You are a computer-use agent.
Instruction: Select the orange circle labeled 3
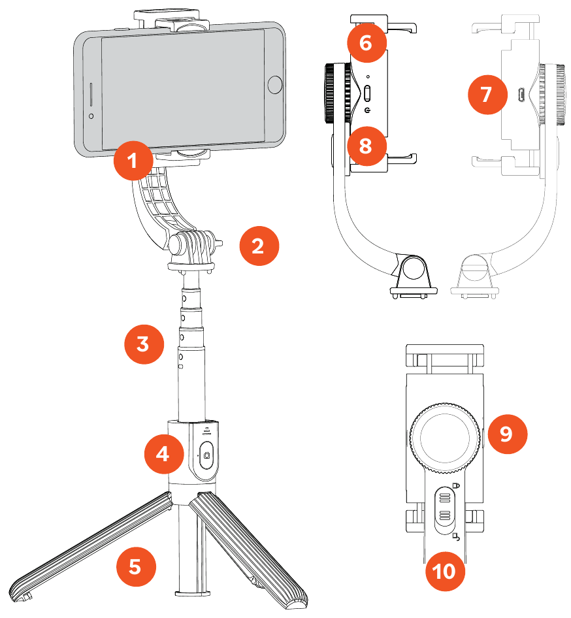144,344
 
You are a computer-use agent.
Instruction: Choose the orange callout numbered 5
135,566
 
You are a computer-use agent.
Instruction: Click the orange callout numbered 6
366,43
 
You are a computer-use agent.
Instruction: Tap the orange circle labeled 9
506,434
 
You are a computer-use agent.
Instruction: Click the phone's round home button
275,84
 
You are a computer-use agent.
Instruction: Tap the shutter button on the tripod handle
207,455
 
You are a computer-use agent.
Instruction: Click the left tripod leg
91,547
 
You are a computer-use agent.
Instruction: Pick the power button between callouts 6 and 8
367,93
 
